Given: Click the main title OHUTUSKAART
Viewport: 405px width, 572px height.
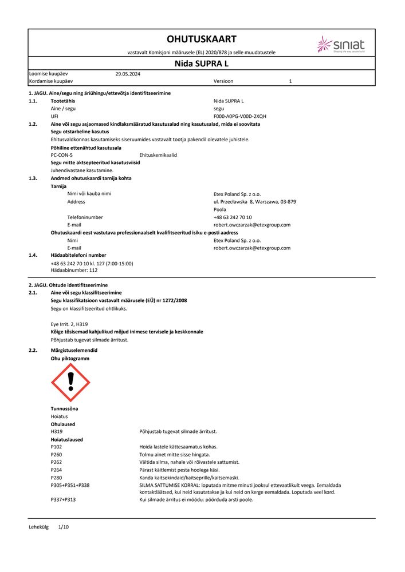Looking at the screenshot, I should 201,39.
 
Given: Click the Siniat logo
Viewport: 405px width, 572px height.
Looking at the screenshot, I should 341,45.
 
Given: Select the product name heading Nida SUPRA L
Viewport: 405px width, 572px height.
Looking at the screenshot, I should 201,63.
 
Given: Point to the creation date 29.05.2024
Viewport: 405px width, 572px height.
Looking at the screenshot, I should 128,74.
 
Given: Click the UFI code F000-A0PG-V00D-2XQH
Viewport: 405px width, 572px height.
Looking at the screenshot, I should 239,116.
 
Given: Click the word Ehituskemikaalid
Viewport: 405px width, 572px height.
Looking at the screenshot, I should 158,155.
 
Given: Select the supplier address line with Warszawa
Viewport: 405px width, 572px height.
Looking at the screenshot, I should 254,201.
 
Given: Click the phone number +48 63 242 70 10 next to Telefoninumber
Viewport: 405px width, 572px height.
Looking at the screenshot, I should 232,217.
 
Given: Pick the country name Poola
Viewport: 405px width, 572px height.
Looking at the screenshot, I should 219,209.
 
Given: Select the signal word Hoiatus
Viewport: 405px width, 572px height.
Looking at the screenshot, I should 60,416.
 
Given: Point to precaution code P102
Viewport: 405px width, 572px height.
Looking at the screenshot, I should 56,447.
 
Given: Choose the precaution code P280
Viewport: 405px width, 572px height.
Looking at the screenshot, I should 56,478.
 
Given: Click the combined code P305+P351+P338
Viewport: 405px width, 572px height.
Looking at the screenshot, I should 70,485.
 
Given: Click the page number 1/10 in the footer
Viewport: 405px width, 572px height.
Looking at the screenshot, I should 63,527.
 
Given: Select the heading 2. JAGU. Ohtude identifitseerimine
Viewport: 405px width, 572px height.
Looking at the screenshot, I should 68,285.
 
